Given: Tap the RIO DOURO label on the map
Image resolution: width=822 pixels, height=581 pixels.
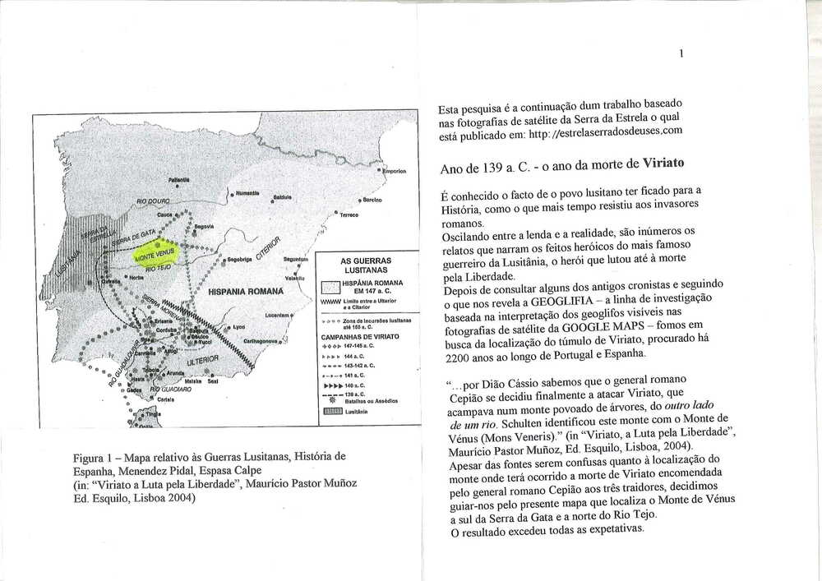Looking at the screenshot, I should [x=154, y=200].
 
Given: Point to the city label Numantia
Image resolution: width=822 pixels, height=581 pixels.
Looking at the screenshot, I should [x=247, y=193].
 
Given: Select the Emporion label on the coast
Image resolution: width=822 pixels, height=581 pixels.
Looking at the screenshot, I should [x=395, y=171].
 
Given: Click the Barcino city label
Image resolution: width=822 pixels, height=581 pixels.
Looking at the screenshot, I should [x=372, y=200].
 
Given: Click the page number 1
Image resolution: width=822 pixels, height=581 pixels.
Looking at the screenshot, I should [x=681, y=53].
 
